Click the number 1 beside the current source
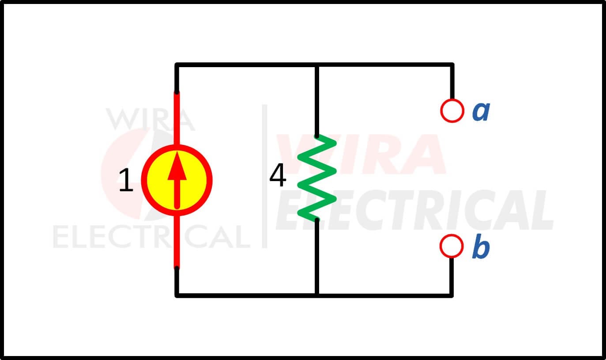tap(126, 180)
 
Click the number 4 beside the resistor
tap(278, 175)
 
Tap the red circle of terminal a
tap(452, 111)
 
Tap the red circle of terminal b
tap(452, 246)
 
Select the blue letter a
tap(481, 111)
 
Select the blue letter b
tap(481, 246)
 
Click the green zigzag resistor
tap(317, 178)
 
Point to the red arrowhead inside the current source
tap(177, 166)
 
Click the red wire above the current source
tap(177, 119)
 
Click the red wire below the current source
tap(177, 242)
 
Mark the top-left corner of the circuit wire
tap(177, 65)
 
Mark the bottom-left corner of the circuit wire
tap(177, 296)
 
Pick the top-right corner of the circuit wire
tap(452, 65)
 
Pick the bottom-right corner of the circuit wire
tap(452, 296)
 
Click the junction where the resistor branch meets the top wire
tap(317, 65)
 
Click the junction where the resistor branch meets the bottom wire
tap(317, 296)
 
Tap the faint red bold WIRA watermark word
tap(361, 154)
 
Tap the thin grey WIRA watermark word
tap(151, 120)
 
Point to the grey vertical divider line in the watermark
tap(264, 176)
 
